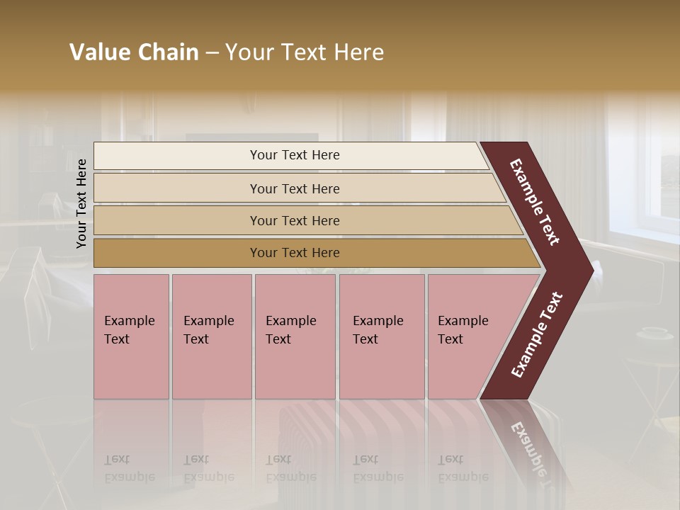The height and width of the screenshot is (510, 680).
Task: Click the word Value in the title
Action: pyautogui.click(x=98, y=52)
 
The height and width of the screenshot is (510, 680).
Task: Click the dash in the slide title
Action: pyautogui.click(x=212, y=53)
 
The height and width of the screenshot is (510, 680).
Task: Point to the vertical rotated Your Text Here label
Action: pyautogui.click(x=81, y=203)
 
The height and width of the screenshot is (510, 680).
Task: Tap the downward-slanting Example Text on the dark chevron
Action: pyautogui.click(x=535, y=202)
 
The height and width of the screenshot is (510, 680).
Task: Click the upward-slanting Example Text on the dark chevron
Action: pyautogui.click(x=537, y=335)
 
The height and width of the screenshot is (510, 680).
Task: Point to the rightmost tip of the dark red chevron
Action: pyautogui.click(x=591, y=270)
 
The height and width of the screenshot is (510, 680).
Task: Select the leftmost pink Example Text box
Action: pyautogui.click(x=131, y=336)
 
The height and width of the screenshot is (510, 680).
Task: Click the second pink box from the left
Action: pyautogui.click(x=211, y=336)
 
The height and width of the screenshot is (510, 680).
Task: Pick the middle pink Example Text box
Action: pyautogui.click(x=295, y=336)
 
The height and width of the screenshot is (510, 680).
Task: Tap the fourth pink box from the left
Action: pyautogui.click(x=381, y=336)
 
